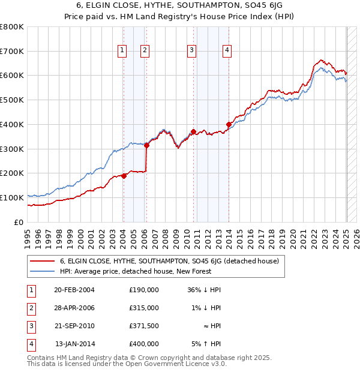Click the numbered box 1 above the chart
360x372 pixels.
(x=122, y=51)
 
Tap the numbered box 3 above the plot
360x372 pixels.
(x=191, y=51)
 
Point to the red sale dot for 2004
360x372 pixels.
(x=124, y=176)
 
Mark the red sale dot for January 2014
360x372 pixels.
(x=229, y=125)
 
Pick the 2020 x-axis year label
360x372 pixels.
(x=292, y=236)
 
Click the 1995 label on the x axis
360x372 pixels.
(x=28, y=236)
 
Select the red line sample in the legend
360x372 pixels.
(x=42, y=262)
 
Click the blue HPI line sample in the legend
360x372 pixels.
(x=42, y=271)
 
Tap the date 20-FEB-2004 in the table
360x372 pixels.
(x=74, y=290)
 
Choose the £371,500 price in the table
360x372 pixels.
(x=144, y=326)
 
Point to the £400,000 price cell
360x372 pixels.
(x=144, y=344)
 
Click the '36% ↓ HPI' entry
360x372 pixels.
(x=205, y=290)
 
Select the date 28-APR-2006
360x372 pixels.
(x=74, y=308)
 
